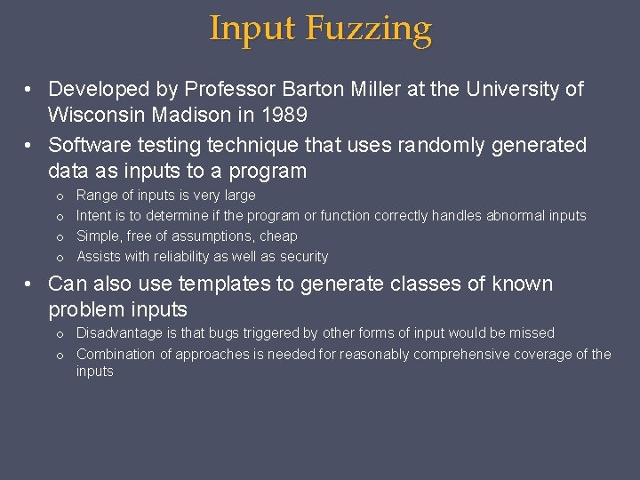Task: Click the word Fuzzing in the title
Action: click(x=369, y=29)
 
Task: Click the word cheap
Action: click(x=278, y=236)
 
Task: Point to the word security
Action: click(x=303, y=256)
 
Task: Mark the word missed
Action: click(x=532, y=332)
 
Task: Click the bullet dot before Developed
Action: click(x=30, y=90)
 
